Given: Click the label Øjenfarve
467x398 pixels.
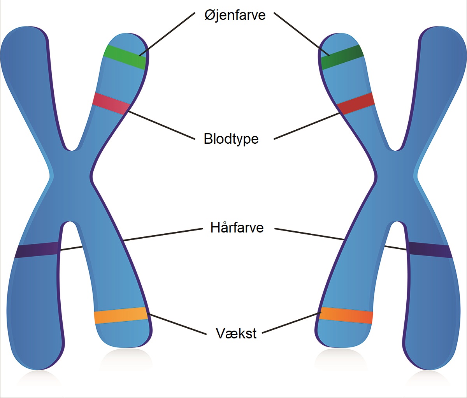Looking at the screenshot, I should click(235, 15).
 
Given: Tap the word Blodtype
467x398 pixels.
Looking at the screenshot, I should click(231, 139).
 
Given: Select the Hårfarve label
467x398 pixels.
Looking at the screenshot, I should click(237, 227).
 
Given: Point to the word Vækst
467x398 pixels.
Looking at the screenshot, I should click(236, 333).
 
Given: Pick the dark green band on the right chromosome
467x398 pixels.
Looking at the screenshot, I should click(342, 57).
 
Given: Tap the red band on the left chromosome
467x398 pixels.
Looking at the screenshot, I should click(111, 103).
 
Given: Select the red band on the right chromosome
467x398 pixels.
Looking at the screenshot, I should click(356, 103).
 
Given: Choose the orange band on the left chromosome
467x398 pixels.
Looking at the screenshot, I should click(121, 315).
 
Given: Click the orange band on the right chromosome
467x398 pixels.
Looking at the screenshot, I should click(346, 315).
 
